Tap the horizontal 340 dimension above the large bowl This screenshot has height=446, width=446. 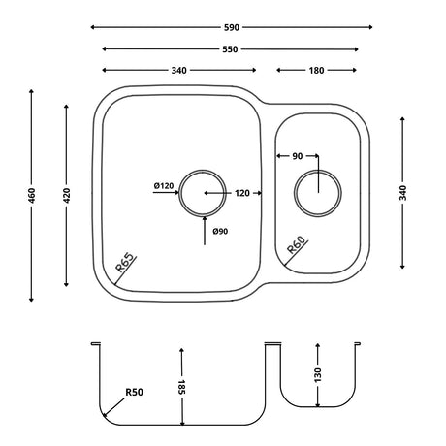[177, 70]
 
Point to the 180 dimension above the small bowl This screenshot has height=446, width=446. [316, 70]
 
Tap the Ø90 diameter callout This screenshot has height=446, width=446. [220, 230]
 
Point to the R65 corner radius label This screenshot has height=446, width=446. [125, 263]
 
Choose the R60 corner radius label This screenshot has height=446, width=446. [297, 250]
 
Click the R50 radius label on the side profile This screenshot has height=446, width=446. [134, 394]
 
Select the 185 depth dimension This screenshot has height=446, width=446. [181, 387]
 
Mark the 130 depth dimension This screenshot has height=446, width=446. [317, 374]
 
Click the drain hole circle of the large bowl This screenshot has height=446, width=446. [204, 191]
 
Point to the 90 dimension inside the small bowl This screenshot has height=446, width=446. [297, 155]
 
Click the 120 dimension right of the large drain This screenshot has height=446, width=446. [242, 193]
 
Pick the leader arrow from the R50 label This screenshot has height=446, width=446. [111, 411]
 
